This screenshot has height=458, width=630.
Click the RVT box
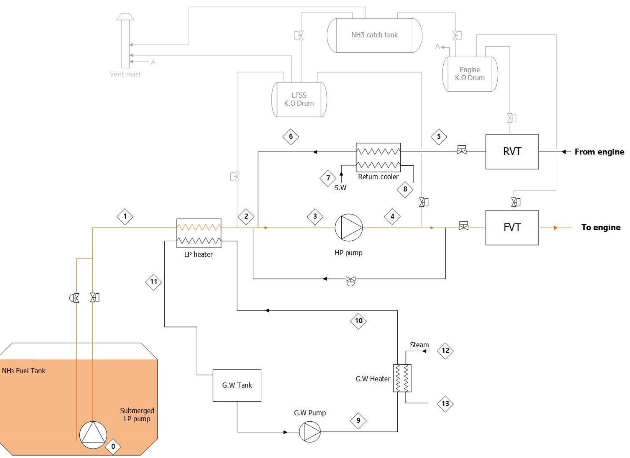coord(512,152)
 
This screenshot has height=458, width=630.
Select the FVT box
coord(512,228)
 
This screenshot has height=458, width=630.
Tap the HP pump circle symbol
coord(348,228)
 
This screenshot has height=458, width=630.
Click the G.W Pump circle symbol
coord(310,432)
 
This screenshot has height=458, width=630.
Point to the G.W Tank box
coord(237,385)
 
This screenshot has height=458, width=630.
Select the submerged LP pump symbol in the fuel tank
coord(93,435)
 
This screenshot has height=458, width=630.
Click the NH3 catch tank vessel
coord(374,35)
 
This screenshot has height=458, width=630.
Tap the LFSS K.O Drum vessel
coord(299,99)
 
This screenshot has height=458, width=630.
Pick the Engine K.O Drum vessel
coord(470,74)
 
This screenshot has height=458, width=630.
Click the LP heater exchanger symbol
coord(199,233)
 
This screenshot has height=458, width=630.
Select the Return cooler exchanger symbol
coord(378,158)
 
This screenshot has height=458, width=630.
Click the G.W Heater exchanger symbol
coord(402,378)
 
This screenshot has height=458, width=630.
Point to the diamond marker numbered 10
coord(359,321)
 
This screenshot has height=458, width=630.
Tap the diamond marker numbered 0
coord(113,447)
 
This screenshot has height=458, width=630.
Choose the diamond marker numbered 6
coord(291,137)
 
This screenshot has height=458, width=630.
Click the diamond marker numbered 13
coord(445,403)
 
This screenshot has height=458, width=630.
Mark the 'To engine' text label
coord(601,228)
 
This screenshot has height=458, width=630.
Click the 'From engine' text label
coord(599,152)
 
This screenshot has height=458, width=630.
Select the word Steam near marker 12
coord(419,345)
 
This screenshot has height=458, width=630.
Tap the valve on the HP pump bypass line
coord(350,280)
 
